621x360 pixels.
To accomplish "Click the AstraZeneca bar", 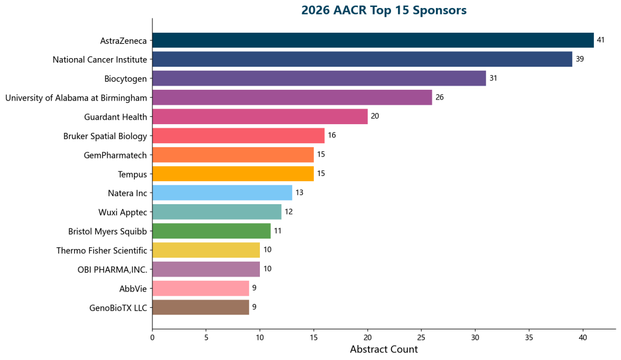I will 373,40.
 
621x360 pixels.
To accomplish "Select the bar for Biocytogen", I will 319,78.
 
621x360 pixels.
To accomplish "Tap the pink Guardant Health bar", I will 260,117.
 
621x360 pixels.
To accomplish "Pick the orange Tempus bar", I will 233,174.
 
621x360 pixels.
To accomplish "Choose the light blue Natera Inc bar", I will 222,193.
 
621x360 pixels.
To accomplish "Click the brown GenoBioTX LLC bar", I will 201,307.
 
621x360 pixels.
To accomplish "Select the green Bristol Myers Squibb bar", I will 211,231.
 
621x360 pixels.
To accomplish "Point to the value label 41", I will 601,40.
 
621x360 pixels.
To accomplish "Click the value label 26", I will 439,97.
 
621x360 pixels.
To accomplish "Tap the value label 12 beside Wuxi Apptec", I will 289,212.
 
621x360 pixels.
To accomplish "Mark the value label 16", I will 332,136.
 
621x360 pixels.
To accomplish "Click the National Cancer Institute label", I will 100,59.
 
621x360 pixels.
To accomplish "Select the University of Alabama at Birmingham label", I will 76,98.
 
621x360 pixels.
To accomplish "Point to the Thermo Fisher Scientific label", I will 102,250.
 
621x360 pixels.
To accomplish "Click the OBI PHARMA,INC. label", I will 113,269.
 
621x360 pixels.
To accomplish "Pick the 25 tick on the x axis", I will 421,338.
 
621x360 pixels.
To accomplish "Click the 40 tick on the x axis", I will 582,338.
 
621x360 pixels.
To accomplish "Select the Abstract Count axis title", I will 384,349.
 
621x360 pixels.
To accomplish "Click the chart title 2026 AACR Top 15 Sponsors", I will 384,10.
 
